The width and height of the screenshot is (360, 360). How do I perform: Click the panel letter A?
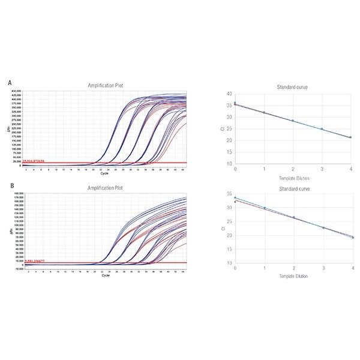(9, 82)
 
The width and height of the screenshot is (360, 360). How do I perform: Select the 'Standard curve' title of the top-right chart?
(293, 88)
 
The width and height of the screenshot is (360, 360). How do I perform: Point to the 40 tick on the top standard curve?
(229, 94)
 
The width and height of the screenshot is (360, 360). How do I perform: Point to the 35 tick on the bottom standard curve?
(229, 194)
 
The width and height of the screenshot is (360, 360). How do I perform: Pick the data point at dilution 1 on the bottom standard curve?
(264, 208)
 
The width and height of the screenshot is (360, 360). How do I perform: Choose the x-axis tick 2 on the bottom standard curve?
(293, 269)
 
